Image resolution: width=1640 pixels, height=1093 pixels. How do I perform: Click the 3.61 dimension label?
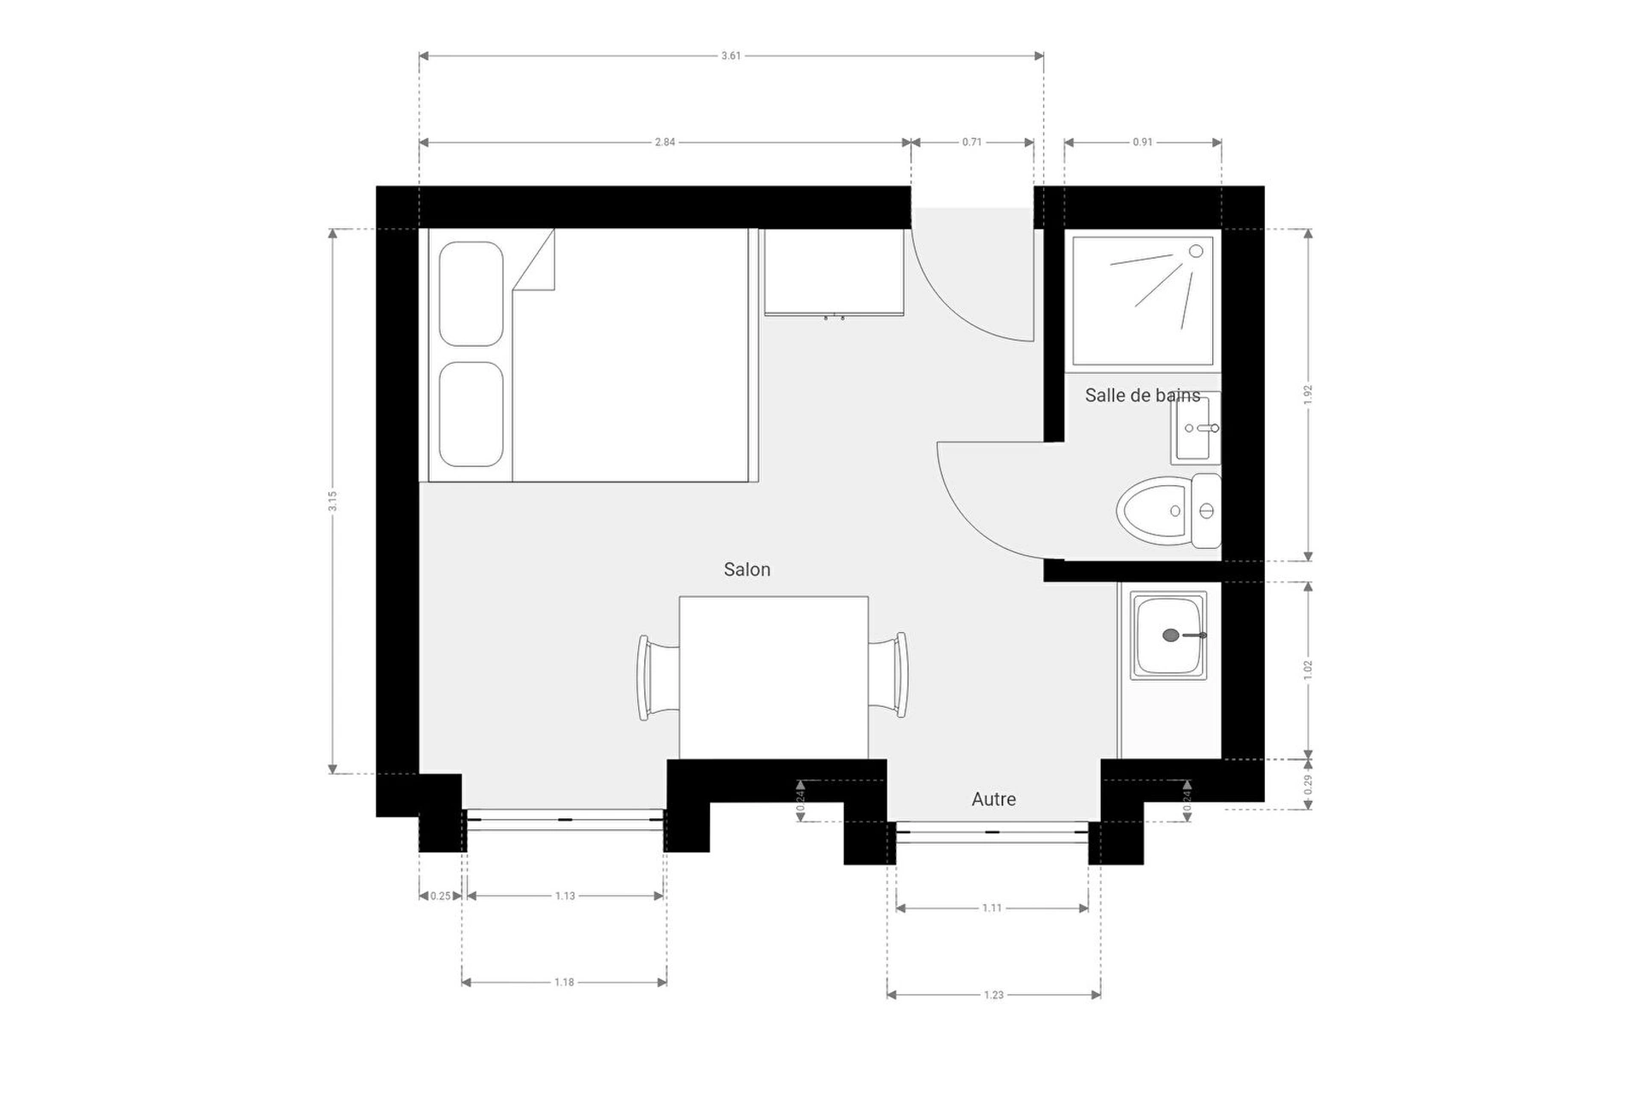(x=730, y=56)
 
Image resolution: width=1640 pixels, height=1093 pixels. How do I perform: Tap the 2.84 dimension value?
(x=665, y=143)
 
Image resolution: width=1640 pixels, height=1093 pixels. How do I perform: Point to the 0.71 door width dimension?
(x=972, y=143)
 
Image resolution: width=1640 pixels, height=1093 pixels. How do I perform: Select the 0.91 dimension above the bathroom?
(x=1143, y=143)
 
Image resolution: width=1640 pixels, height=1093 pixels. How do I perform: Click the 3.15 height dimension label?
(x=332, y=501)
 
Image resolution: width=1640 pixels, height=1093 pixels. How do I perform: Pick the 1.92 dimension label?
(x=1308, y=395)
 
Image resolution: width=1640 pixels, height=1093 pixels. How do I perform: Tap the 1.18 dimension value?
(x=564, y=983)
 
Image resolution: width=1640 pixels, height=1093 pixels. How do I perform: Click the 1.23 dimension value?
(x=993, y=996)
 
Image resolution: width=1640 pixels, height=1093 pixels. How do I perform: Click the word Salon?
(x=747, y=570)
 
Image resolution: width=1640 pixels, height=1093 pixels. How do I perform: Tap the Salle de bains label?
(x=1143, y=395)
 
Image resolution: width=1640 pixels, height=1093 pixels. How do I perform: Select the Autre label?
(x=994, y=799)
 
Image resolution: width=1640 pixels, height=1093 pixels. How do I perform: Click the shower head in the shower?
(x=1196, y=251)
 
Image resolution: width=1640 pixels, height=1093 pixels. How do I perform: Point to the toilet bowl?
(x=1153, y=511)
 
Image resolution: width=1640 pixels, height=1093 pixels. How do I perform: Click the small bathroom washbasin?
(x=1196, y=428)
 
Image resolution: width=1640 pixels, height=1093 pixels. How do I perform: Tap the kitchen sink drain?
(x=1171, y=635)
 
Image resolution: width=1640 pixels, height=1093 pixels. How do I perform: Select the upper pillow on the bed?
(x=471, y=294)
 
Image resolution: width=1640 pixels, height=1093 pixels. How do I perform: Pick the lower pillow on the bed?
(x=471, y=414)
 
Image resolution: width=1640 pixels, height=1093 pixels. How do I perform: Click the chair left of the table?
(x=659, y=677)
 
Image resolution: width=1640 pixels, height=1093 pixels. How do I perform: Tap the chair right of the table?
(x=888, y=675)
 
